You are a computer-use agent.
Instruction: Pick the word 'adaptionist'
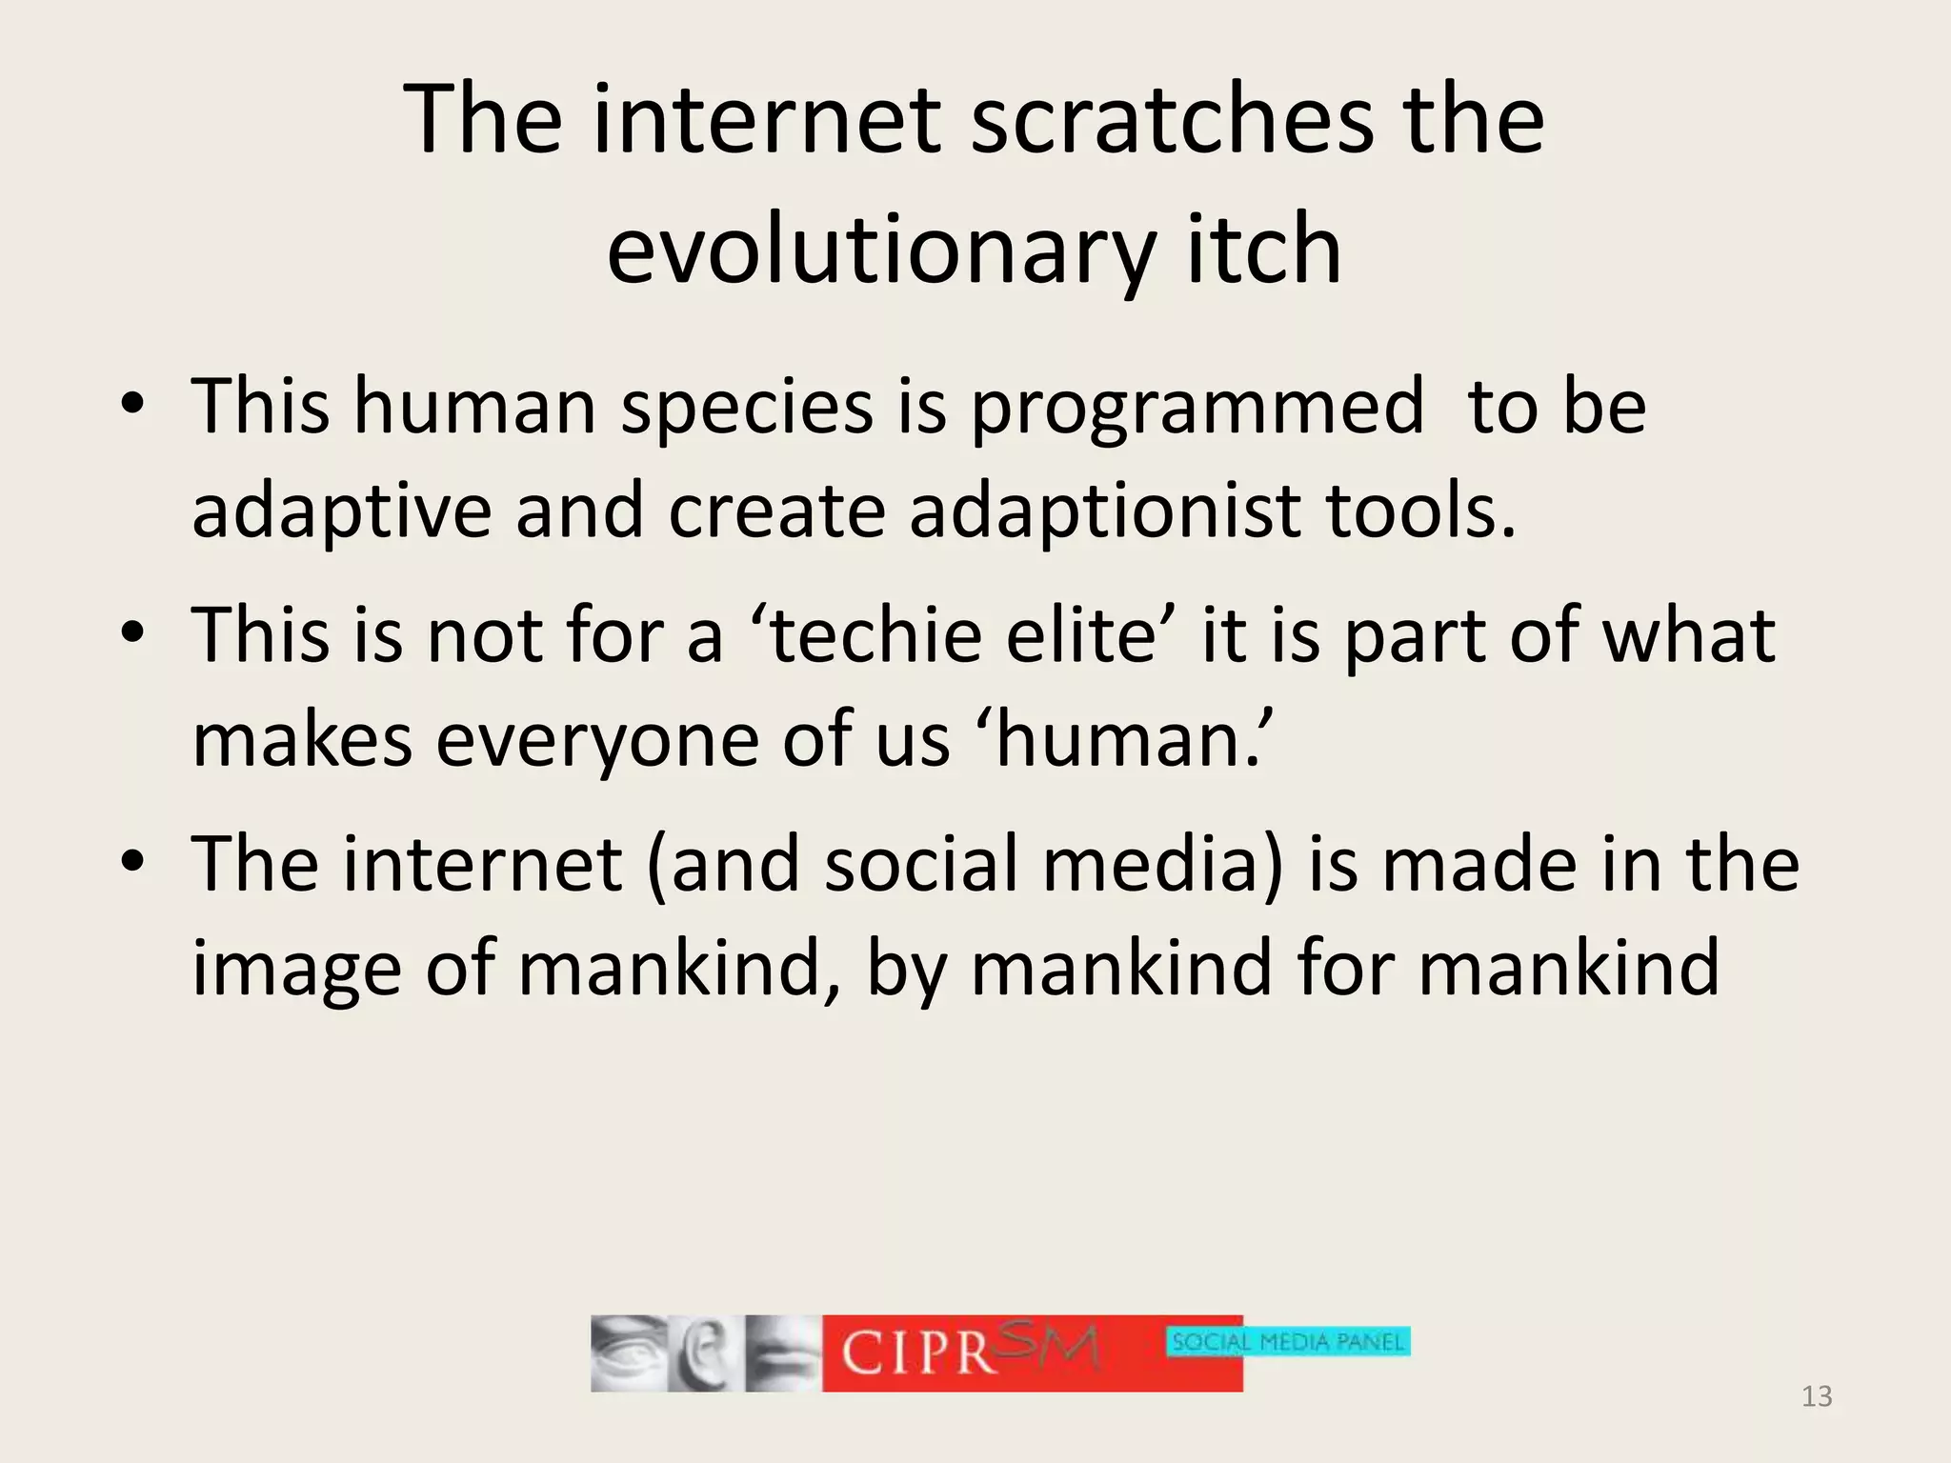[x=1105, y=511]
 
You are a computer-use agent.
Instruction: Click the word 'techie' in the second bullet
[x=875, y=635]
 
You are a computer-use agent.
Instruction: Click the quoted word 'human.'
[x=1131, y=740]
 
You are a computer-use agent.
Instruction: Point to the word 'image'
[x=296, y=969]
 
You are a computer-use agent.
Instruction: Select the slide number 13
[x=1817, y=1396]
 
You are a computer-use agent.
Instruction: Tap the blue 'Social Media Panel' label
[x=1288, y=1342]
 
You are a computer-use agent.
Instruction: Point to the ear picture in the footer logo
[x=702, y=1353]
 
